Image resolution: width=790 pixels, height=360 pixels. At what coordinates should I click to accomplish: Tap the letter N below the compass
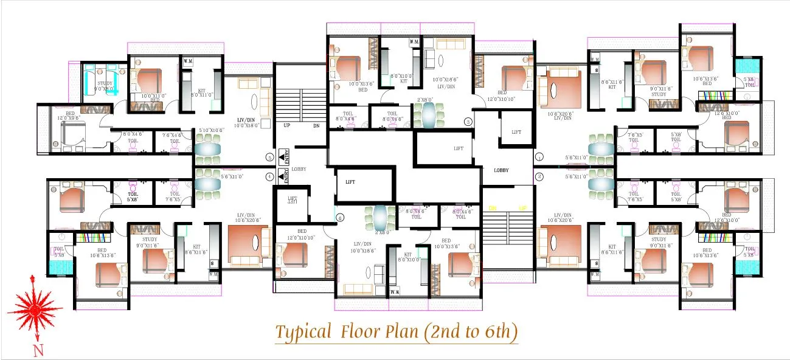(38, 350)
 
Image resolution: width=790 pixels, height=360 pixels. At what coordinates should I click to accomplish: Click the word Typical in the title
(302, 332)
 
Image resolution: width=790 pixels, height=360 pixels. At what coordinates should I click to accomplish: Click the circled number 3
(468, 121)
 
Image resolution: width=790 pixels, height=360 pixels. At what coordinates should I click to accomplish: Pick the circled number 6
(340, 217)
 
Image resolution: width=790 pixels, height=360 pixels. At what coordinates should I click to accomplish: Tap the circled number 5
(269, 157)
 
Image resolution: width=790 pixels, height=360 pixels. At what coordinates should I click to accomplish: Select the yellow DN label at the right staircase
(493, 208)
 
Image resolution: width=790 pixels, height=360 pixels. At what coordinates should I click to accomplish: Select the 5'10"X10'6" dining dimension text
(213, 130)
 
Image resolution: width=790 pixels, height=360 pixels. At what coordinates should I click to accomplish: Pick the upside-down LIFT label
(293, 199)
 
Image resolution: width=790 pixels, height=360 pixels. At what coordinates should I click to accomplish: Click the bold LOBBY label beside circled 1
(501, 170)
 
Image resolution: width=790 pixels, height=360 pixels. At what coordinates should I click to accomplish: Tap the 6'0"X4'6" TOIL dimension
(132, 134)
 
